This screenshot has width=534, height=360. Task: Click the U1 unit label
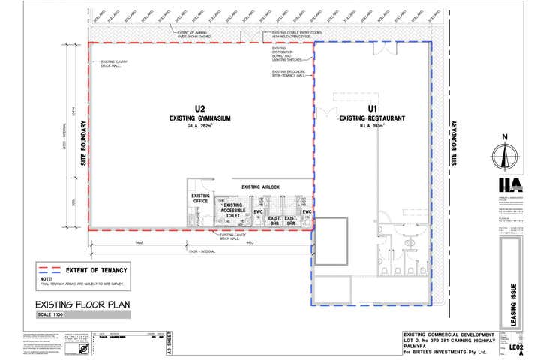371,109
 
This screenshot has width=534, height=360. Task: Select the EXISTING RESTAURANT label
372,118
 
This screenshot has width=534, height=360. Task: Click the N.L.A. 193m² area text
372,126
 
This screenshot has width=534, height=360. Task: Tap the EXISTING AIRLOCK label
260,187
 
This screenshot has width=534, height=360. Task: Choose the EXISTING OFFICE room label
200,199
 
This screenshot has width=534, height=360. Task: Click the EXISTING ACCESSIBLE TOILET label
233,211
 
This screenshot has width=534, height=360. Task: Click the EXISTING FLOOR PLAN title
83,304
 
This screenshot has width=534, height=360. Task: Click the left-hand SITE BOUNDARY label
83,142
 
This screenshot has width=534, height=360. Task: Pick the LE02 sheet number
515,348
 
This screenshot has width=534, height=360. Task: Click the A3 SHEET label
170,343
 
